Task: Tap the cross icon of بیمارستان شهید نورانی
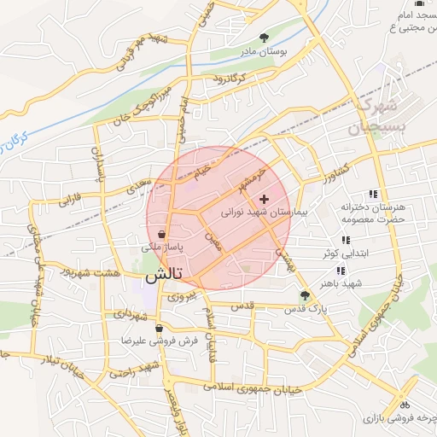(x=262, y=198)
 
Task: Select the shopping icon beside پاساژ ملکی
(x=162, y=234)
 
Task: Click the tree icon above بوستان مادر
(x=263, y=38)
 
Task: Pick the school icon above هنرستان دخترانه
(x=373, y=195)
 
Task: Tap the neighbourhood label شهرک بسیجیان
(x=374, y=117)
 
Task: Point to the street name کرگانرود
(x=224, y=79)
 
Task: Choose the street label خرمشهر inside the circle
(x=253, y=176)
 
